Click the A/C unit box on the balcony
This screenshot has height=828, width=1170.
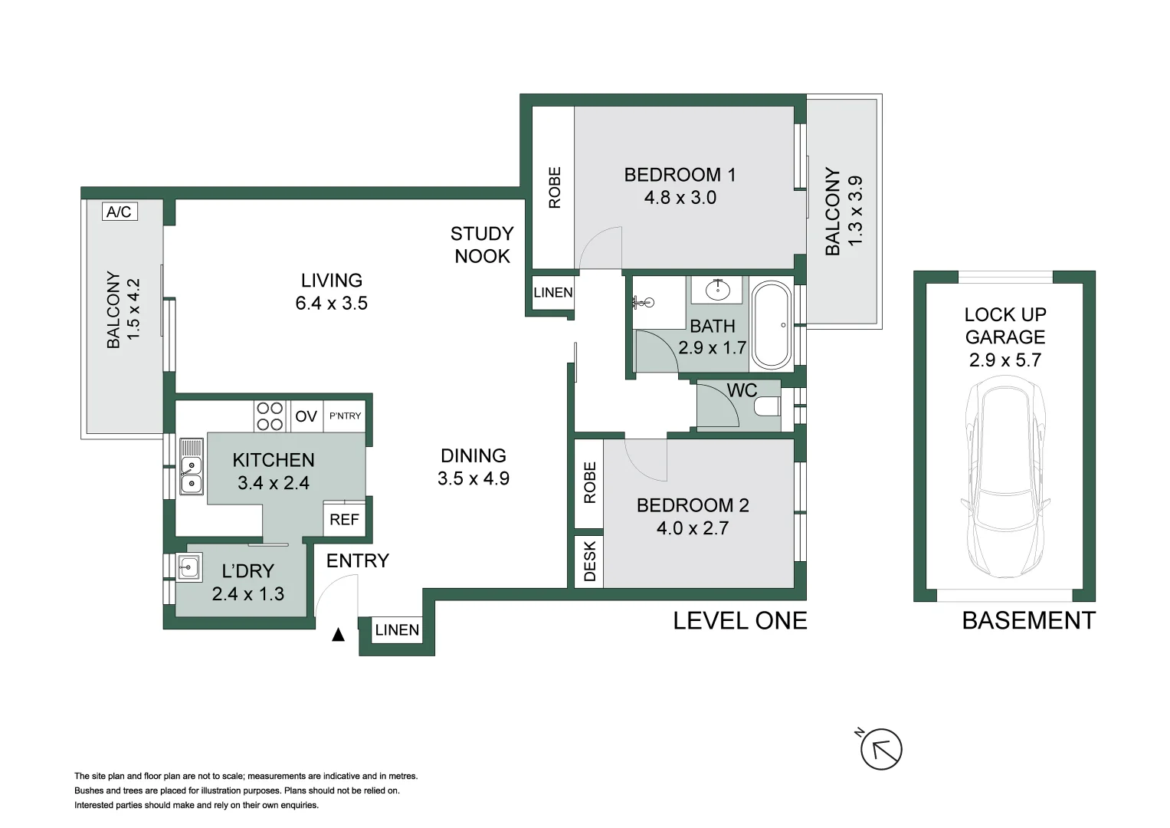pos(119,212)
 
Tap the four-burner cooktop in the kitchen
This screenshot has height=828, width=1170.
pos(269,416)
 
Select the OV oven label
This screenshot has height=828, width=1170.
pos(306,416)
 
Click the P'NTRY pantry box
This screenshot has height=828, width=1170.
pos(345,416)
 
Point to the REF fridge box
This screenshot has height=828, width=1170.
pos(344,520)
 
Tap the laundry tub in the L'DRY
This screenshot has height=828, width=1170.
pos(188,568)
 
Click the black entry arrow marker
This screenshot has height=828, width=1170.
pos(338,635)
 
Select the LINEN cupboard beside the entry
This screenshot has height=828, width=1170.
pos(397,630)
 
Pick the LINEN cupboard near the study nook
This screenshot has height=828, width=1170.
pos(552,292)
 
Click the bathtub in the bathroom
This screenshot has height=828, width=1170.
pos(772,326)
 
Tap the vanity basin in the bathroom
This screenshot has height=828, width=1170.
pos(717,290)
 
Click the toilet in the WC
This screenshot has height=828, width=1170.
pos(767,406)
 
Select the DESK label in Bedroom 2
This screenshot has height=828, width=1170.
pos(589,562)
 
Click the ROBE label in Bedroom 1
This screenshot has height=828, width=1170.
pos(555,188)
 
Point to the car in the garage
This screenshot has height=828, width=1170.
pos(1005,481)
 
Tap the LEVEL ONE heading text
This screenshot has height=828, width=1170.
pos(739,621)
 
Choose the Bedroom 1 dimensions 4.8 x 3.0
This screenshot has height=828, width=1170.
pos(680,198)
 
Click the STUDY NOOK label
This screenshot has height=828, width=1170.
pos(482,245)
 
